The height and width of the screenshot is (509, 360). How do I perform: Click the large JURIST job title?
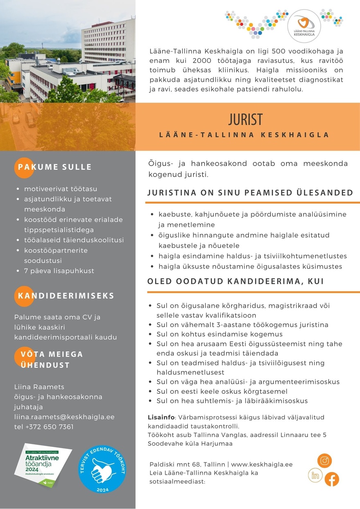[x=245, y=120]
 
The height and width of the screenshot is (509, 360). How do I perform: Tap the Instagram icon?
[x=324, y=461]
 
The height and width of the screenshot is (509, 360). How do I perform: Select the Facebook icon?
[x=332, y=479]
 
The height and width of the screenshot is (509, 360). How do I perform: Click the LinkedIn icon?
[x=315, y=475]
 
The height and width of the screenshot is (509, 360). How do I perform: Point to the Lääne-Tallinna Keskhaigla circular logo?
[x=304, y=25]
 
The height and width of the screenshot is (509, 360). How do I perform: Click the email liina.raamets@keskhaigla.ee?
[x=64, y=417]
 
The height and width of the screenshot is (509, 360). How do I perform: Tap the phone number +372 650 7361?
[x=44, y=427]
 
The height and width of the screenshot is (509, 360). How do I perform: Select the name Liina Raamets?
[x=39, y=387]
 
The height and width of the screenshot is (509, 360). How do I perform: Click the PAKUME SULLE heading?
[x=54, y=167]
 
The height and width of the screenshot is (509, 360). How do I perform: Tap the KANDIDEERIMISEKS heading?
[x=66, y=296]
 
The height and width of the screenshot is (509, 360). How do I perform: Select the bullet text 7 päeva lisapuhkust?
[x=59, y=271]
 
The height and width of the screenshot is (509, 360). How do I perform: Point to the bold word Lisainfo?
[x=161, y=417]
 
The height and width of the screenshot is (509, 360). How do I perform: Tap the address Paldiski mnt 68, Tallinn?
[x=187, y=464]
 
